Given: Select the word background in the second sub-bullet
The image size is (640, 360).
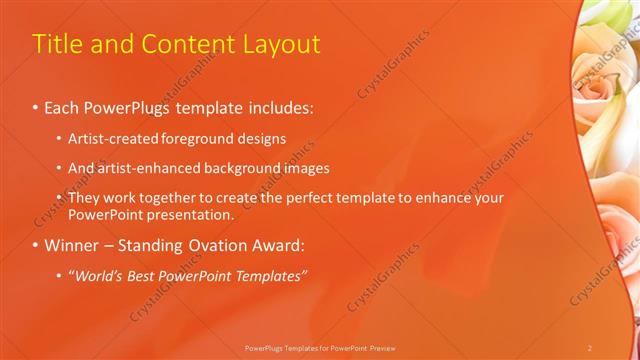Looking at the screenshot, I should (x=246, y=168).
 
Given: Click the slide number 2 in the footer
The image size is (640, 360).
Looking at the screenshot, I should (x=590, y=347).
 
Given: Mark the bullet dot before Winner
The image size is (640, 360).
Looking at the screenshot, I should (x=36, y=245).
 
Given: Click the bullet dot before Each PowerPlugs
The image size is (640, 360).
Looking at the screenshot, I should (x=36, y=105).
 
